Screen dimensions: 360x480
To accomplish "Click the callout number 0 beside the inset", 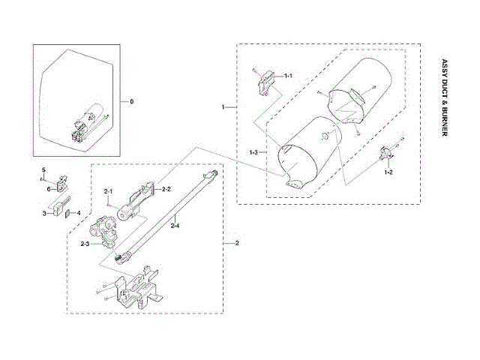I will click(x=133, y=100).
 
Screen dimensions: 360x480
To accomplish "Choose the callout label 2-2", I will click(x=167, y=189).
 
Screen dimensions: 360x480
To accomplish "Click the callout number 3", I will click(x=46, y=214).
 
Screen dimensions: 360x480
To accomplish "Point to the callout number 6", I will click(x=47, y=189).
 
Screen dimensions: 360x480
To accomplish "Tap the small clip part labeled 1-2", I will click(x=388, y=154).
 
